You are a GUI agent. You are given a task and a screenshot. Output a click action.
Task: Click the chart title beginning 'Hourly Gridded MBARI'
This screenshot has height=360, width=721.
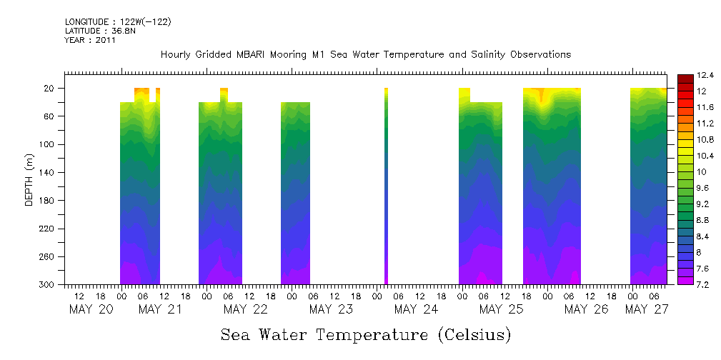point(365,55)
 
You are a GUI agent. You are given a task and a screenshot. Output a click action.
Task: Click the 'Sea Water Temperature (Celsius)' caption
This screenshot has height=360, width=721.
point(366,335)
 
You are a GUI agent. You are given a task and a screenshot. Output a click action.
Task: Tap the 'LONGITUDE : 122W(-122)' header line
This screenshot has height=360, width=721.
point(118,22)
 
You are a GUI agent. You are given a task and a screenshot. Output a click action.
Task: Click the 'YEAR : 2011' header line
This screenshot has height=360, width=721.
point(90,40)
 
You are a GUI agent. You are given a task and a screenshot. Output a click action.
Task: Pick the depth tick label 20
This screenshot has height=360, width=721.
point(50,89)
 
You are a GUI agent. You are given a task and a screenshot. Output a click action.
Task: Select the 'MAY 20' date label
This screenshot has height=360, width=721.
point(91,309)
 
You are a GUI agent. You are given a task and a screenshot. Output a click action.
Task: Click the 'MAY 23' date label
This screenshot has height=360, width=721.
point(331,309)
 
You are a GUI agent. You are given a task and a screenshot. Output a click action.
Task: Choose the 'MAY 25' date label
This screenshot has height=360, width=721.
point(501,309)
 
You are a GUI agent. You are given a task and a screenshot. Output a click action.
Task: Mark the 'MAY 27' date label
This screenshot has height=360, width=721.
point(647,309)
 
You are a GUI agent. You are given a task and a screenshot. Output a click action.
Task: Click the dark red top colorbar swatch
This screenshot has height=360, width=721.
point(684,78)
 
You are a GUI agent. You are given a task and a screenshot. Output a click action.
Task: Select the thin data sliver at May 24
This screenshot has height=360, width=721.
point(386,186)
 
